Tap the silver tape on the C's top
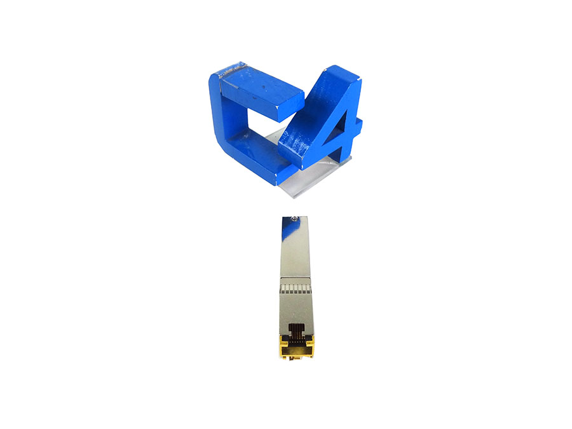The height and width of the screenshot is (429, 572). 232,69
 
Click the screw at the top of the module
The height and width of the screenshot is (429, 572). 294,219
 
